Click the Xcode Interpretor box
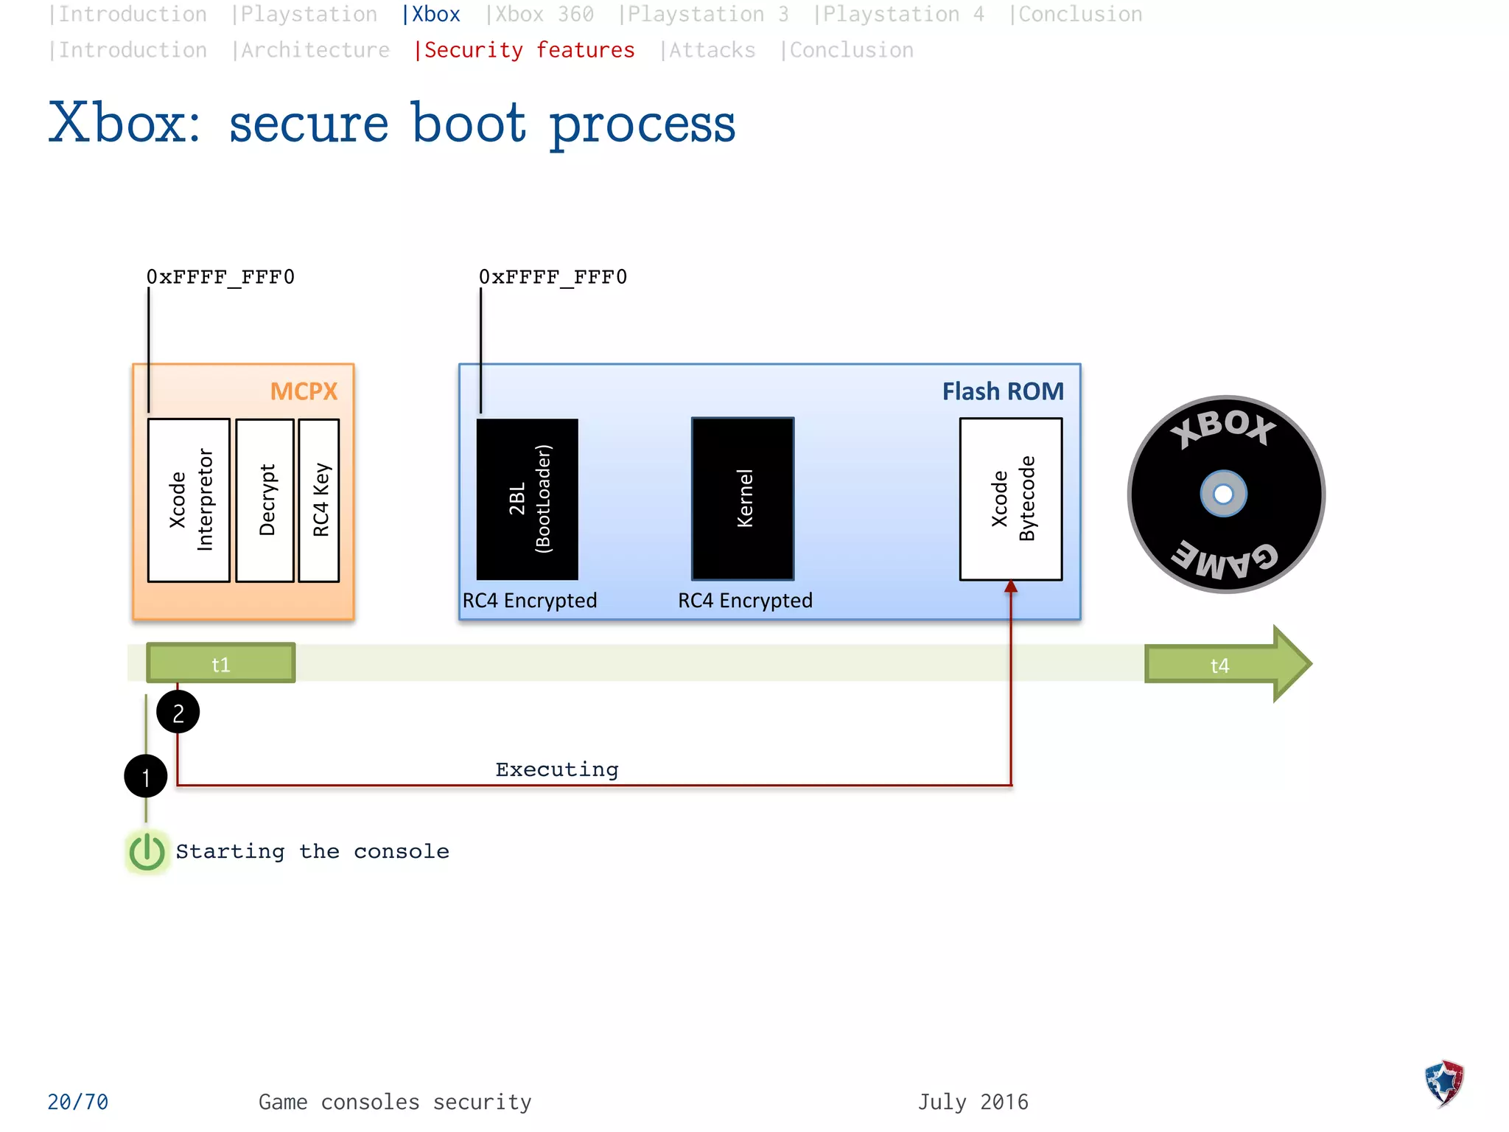tap(189, 500)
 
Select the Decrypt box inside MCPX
tap(265, 500)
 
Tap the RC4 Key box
tap(319, 500)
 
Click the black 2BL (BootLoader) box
tap(528, 499)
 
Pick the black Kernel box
tap(743, 499)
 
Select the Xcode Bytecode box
tap(1011, 499)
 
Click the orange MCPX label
tap(304, 391)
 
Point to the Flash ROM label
tap(1003, 391)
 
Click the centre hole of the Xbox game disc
tap(1223, 494)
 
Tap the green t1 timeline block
tap(221, 663)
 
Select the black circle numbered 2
tap(178, 712)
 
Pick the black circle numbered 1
tap(146, 776)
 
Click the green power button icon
tap(147, 852)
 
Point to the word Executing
tap(557, 769)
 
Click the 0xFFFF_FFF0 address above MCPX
tap(220, 277)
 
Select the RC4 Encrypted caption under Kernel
tap(745, 601)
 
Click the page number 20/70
tap(77, 1102)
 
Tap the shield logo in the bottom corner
tap(1444, 1083)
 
